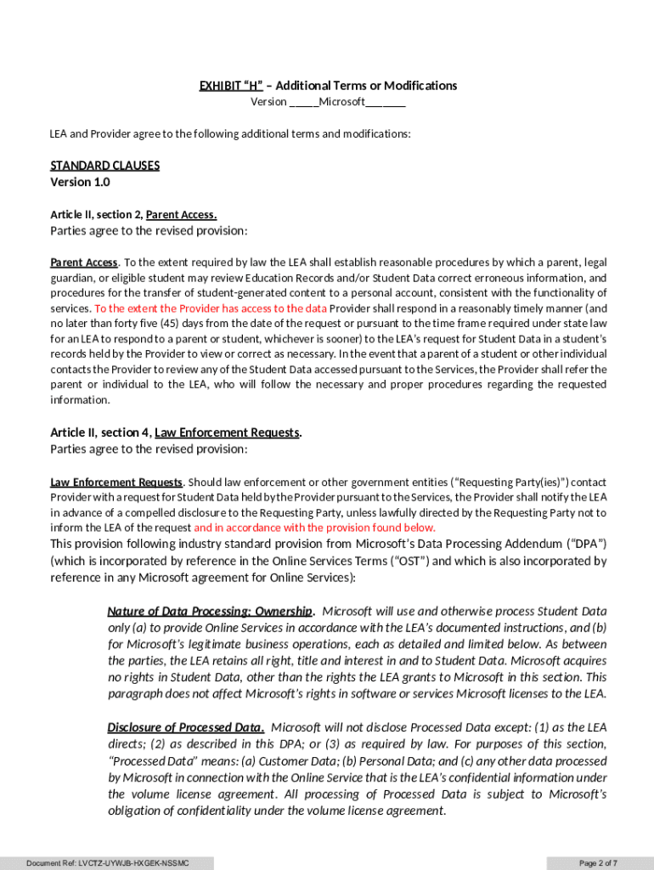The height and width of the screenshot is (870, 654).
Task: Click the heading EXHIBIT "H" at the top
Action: pyautogui.click(x=231, y=86)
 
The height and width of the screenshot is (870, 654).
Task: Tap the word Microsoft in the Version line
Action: pyautogui.click(x=342, y=102)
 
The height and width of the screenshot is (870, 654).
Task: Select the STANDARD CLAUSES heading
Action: pyautogui.click(x=104, y=166)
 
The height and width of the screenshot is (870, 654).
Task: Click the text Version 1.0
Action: pyautogui.click(x=80, y=182)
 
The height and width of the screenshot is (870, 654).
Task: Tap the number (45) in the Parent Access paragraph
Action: pyautogui.click(x=166, y=324)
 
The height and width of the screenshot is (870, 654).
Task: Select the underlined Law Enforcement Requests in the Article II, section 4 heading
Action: pyautogui.click(x=227, y=432)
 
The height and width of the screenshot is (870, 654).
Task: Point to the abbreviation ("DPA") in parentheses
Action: pyautogui.click(x=586, y=544)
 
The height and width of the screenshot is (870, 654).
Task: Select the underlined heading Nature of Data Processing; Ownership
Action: pyautogui.click(x=211, y=612)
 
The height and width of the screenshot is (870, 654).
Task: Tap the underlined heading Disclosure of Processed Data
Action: pyautogui.click(x=185, y=727)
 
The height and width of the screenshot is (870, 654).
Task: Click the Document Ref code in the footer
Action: pyautogui.click(x=107, y=863)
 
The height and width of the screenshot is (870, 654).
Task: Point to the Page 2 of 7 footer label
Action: pyautogui.click(x=599, y=863)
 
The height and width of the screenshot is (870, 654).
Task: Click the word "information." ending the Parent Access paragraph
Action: pyautogui.click(x=80, y=400)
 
